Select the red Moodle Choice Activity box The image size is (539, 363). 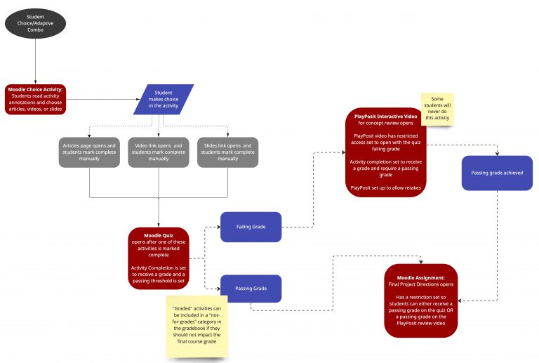[35, 99]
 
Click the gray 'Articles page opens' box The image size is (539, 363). [89, 152]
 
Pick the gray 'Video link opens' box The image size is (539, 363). [158, 152]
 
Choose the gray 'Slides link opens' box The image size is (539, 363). [227, 152]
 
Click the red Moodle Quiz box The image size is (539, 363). [158, 257]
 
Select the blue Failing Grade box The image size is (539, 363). [251, 227]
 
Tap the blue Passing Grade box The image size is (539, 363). [251, 288]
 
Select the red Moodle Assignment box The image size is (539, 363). [421, 300]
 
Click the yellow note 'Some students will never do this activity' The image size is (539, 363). [437, 110]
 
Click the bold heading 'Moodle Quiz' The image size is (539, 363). [158, 235]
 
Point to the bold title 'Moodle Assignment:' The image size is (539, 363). [421, 277]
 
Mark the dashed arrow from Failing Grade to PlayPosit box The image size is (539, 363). [309, 227]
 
